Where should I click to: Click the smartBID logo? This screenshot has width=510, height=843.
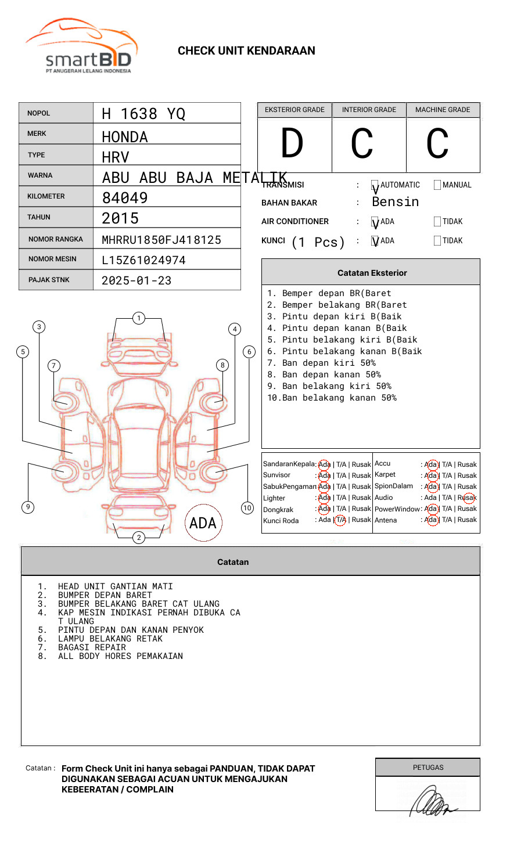coord(81,46)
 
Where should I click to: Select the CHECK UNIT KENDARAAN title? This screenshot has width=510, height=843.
coord(246,51)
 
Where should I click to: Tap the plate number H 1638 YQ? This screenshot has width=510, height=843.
coord(143,114)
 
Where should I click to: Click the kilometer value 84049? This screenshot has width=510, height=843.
coord(125,198)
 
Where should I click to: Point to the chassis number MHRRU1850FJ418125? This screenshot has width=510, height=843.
coord(161,240)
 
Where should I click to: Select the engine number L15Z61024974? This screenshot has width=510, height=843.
coord(143,260)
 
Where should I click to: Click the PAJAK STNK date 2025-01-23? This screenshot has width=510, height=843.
coord(137,280)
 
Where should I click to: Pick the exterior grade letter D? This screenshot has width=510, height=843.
coord(292,143)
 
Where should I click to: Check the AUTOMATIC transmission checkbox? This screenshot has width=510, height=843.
coord(375,185)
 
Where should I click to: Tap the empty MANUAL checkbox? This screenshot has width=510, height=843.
coord(437,185)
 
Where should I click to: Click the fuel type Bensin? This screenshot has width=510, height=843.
coord(395,202)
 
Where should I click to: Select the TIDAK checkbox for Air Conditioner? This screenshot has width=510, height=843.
coord(437,222)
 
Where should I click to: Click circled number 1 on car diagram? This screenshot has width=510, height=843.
coord(138,318)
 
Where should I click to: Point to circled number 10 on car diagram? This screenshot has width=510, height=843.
coord(247,508)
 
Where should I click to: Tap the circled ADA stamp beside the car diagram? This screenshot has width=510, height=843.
coord(203,523)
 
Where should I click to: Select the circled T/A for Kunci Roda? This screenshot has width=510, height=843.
coord(340,520)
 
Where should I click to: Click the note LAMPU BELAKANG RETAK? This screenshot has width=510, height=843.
coord(110,639)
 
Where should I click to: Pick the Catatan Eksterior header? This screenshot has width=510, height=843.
coord(372,273)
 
